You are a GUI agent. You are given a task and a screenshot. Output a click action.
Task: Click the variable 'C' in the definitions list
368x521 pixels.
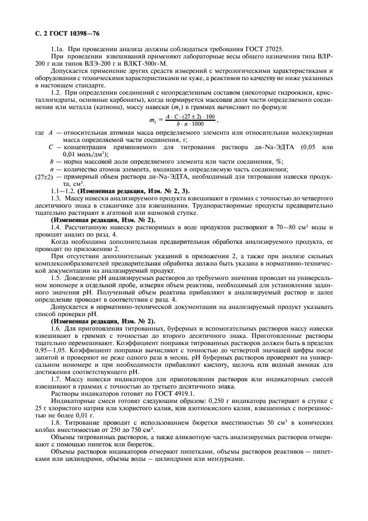click(x=51, y=148)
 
